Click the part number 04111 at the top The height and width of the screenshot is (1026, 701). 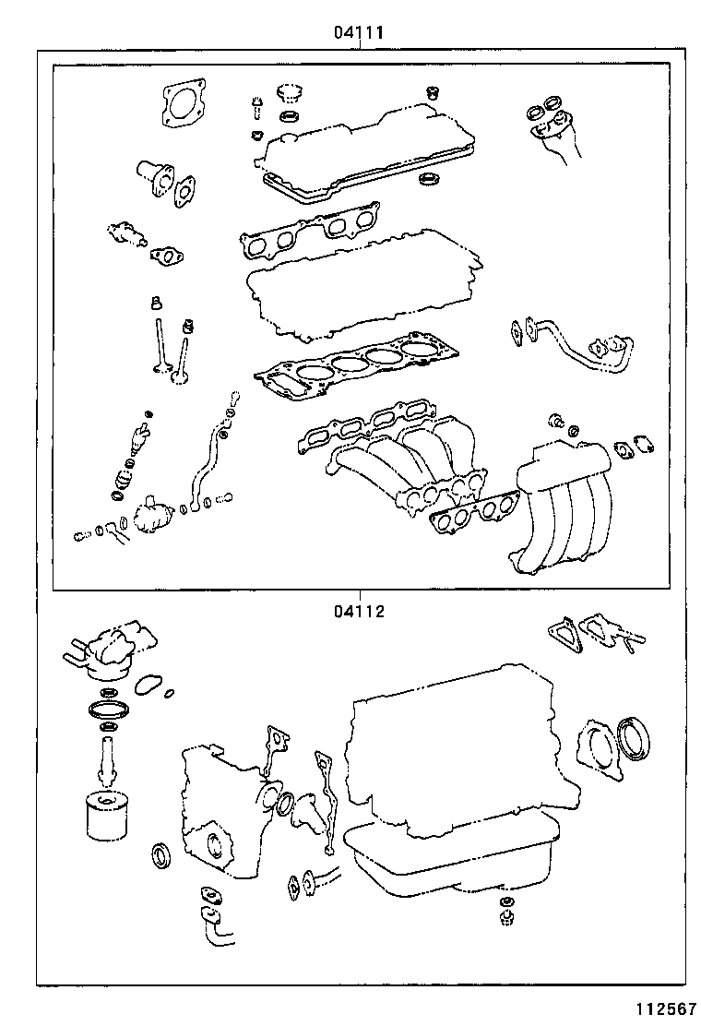point(358,32)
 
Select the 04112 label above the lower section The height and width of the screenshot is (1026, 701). point(358,610)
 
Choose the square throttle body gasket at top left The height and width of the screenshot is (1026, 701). point(182,103)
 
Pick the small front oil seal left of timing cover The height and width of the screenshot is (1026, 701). point(160,854)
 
